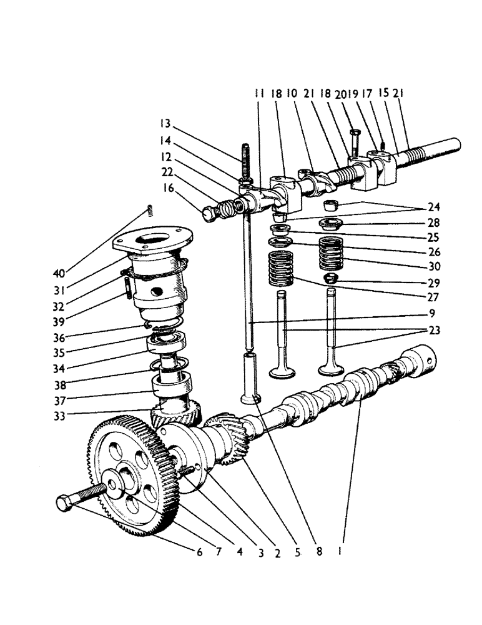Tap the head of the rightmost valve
(335, 370)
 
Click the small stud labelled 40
(149, 210)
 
